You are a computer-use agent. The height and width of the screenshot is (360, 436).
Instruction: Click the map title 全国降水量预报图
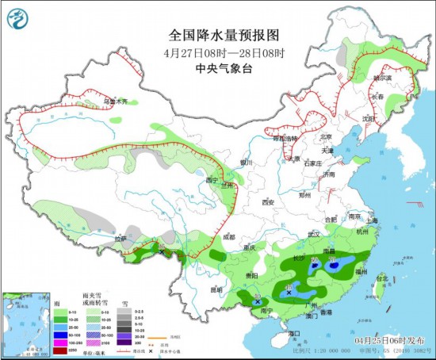[218, 35]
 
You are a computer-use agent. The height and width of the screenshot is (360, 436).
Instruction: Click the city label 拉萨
[120, 238]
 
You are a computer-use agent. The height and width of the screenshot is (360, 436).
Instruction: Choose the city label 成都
[228, 236]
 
